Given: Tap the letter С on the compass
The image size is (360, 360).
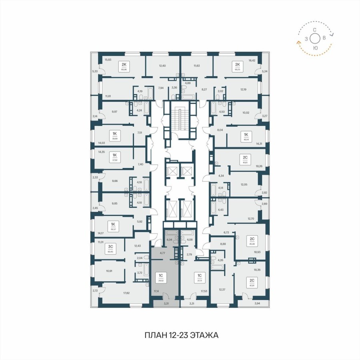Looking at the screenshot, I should pos(315,30).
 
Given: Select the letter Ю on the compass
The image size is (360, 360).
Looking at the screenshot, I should pos(315,48).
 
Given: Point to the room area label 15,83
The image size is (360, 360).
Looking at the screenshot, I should pos(108,60).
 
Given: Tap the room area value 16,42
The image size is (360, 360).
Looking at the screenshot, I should pos(252,60).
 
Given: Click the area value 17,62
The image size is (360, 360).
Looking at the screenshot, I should pos(126,293).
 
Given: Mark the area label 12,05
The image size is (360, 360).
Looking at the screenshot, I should pos(244,185).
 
